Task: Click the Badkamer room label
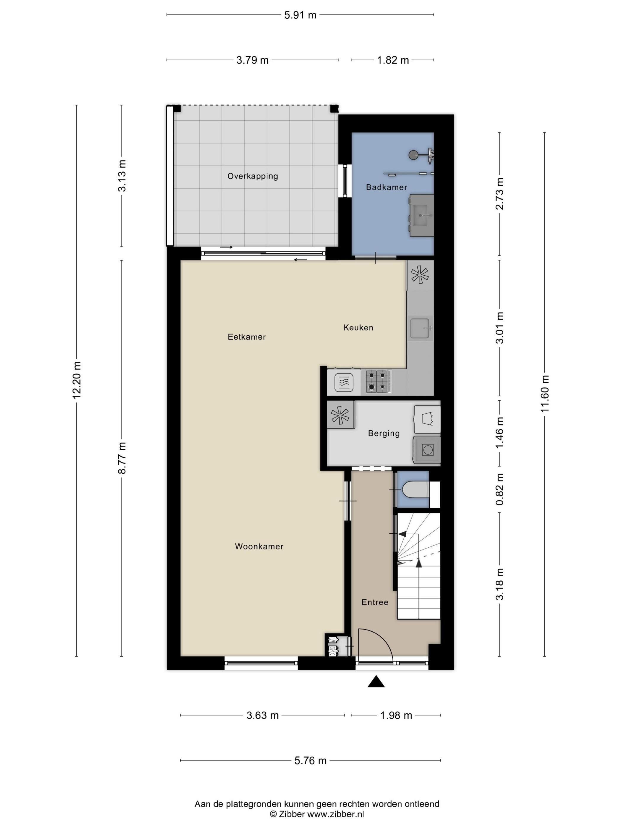point(386,187)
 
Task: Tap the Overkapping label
point(253,176)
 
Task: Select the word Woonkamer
point(259,546)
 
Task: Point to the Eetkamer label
point(247,337)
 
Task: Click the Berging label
point(384,433)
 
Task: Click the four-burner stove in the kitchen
point(376,381)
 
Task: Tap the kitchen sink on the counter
point(421,328)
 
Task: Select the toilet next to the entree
point(414,490)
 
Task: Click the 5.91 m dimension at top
point(300,15)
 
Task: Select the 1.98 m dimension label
point(396,715)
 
